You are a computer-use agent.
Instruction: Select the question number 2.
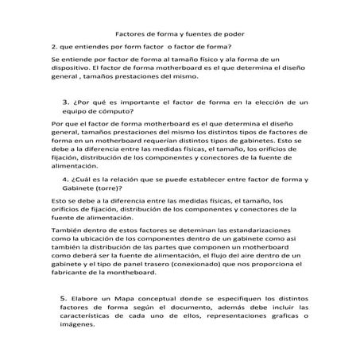(x=52, y=45)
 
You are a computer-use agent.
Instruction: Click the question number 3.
(x=64, y=103)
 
